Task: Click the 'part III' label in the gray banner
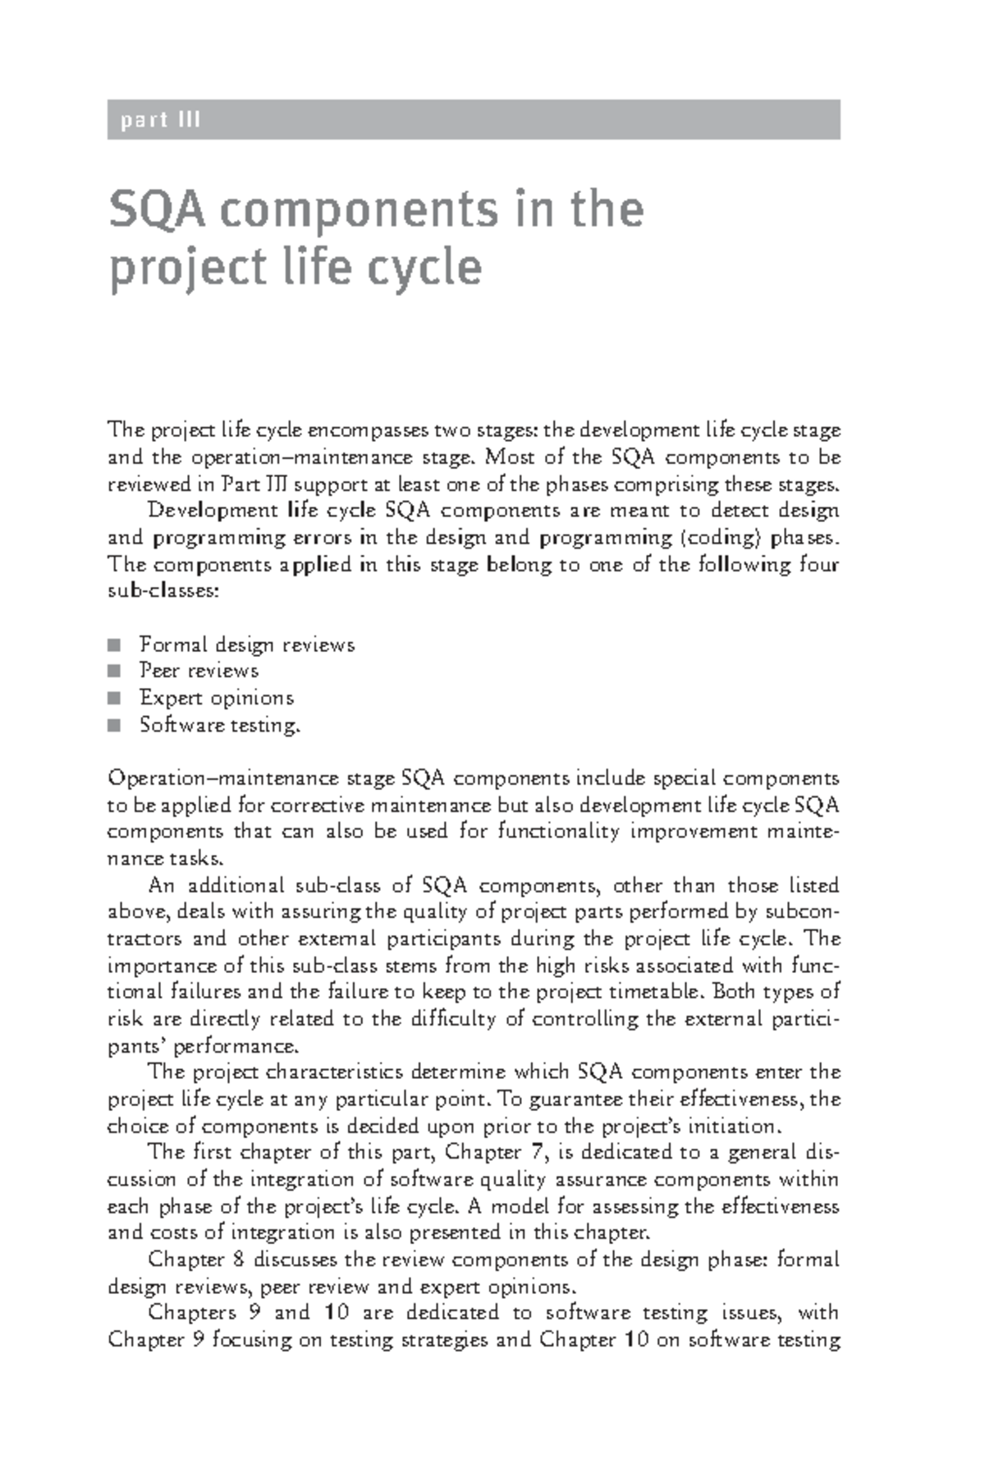[x=160, y=121]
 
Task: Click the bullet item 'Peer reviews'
[x=199, y=671]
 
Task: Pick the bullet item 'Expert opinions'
[x=216, y=698]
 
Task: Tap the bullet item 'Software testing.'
[x=219, y=725]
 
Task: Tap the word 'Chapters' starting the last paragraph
[x=190, y=1313]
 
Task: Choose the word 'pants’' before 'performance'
[x=136, y=1046]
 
